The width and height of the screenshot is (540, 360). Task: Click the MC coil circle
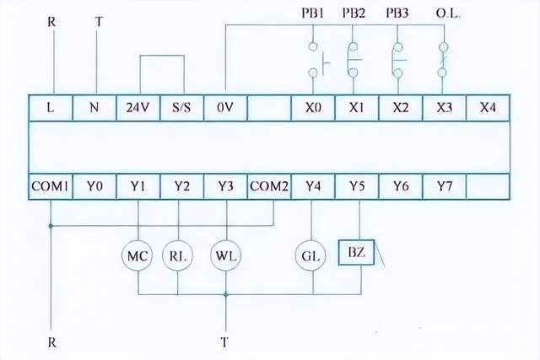pos(138,256)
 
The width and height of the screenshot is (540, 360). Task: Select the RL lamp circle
pos(177,256)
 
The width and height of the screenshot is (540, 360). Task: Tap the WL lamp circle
pos(225,256)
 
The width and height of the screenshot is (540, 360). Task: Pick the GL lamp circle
pos(312,256)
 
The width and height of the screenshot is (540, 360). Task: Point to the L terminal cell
pos(51,107)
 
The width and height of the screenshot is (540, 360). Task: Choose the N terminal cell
pos(94,107)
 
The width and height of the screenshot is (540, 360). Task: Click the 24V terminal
pos(138,107)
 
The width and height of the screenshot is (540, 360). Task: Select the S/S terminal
pos(181,107)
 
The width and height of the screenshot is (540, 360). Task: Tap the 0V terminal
pos(225,107)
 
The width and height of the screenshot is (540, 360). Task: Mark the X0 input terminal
pos(312,107)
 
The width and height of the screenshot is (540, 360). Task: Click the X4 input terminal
pos(488,107)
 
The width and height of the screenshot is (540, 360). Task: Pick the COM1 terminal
pos(51,185)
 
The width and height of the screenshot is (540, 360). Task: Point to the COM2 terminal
pos(269,185)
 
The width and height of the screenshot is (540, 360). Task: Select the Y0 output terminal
pos(94,185)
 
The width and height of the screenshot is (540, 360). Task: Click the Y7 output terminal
pos(444,185)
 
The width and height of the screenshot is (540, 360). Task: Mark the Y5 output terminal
pos(356,185)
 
